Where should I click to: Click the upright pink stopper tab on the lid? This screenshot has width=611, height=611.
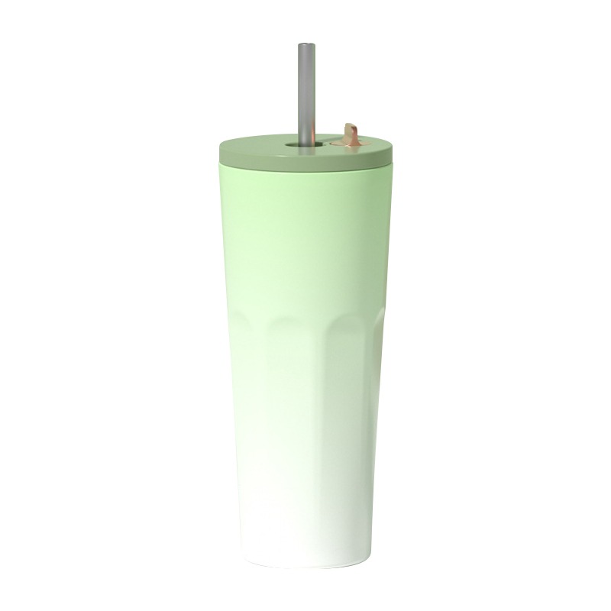point(352,131)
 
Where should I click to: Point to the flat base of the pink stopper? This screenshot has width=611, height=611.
point(349,143)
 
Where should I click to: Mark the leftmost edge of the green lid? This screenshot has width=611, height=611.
point(220,153)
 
